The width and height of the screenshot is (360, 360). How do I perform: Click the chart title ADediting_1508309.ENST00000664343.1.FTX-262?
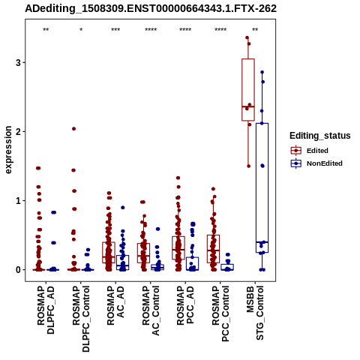[151, 9]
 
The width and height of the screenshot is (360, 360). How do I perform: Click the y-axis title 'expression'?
[8, 150]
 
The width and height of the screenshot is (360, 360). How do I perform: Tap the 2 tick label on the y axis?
[18, 131]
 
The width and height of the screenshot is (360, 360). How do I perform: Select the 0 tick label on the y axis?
[18, 270]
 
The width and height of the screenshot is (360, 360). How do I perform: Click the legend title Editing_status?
[320, 136]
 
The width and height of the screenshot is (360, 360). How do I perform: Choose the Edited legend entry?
[310, 151]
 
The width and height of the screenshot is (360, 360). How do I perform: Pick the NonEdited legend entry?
[316, 163]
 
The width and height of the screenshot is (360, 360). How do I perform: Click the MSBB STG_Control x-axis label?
[255, 313]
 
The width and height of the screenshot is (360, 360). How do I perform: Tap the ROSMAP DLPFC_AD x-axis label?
[46, 310]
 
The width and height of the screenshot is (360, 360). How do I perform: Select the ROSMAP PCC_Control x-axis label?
[220, 313]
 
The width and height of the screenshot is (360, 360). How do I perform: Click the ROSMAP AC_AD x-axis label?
[115, 305]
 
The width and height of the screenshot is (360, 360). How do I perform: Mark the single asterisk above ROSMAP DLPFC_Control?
[81, 30]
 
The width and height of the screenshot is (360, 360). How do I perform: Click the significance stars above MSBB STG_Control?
[255, 30]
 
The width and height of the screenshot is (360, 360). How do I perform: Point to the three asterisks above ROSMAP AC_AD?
[115, 30]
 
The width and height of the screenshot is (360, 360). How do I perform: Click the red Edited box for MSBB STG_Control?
[248, 90]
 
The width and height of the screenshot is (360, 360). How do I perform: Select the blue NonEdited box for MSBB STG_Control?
[262, 187]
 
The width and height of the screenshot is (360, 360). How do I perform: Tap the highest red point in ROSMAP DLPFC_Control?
[73, 129]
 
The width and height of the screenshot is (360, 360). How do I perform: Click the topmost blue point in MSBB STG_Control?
[262, 72]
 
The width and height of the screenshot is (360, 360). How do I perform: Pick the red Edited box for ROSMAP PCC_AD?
[178, 247]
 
